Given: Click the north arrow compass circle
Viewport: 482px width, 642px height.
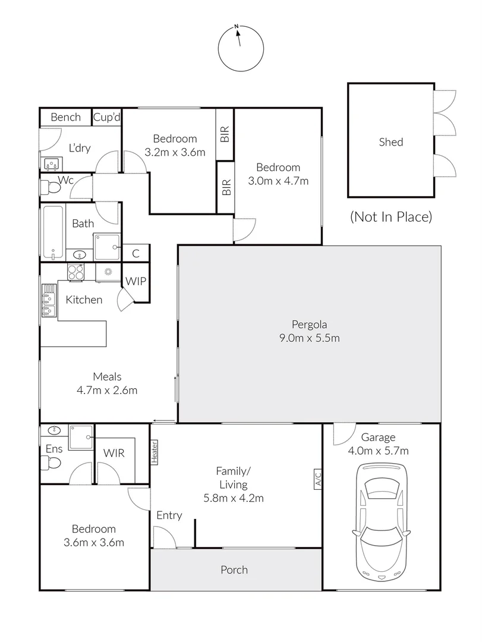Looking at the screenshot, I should [241, 48].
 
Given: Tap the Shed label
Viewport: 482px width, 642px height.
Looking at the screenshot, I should [391, 142].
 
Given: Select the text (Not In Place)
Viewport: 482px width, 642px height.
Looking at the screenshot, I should [390, 216].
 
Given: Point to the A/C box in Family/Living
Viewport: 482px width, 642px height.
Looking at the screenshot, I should [317, 479].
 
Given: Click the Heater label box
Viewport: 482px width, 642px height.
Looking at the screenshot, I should [155, 451].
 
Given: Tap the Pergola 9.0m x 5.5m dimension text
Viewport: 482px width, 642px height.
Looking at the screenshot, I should [310, 339].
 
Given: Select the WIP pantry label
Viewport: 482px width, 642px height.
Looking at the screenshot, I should [136, 281].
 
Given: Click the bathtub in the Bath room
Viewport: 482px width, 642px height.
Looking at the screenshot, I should [53, 232].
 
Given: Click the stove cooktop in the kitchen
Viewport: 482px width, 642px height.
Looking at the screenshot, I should [75, 272].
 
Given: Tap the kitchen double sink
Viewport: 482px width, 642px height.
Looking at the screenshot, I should [48, 301].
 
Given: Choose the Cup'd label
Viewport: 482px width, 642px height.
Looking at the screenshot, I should [107, 117].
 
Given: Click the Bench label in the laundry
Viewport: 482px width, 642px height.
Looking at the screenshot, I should [65, 117].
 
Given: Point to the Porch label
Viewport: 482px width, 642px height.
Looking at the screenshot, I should [234, 569].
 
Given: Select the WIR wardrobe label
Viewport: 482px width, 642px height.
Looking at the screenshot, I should [114, 453].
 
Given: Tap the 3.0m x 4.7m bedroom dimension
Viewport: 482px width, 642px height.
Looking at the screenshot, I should [279, 181].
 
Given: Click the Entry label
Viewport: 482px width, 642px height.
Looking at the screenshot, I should [169, 515].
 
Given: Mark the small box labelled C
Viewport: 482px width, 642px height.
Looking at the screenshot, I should [136, 254].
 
